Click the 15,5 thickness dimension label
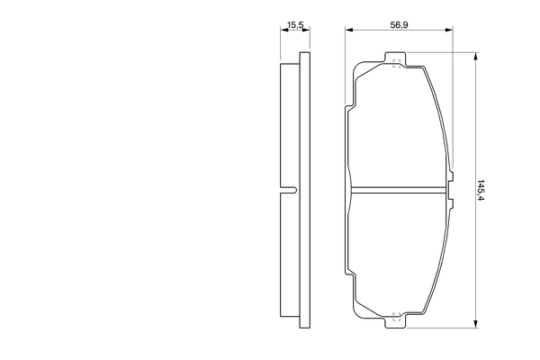[x=294, y=26]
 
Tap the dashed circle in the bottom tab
[x=395, y=316]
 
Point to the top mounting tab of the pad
[x=396, y=61]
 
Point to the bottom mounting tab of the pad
[x=396, y=317]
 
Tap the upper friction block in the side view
[x=289, y=126]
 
